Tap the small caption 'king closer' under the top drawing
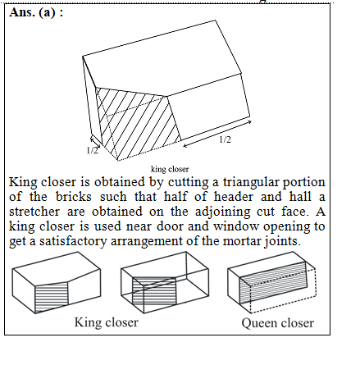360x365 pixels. click(x=170, y=169)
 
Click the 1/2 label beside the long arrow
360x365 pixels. click(x=225, y=139)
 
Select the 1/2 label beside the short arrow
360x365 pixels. click(x=92, y=150)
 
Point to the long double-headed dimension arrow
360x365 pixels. click(x=217, y=134)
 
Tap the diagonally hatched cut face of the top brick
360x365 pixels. click(x=137, y=123)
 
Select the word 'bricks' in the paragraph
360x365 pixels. click(x=74, y=197)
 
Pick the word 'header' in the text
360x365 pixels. click(x=234, y=197)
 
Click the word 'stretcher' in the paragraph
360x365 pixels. click(x=34, y=212)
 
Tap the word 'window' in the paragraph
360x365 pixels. click(x=235, y=226)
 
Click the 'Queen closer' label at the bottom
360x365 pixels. click(x=277, y=323)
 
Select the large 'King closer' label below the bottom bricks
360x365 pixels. click(x=107, y=322)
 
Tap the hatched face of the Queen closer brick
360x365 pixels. click(x=273, y=282)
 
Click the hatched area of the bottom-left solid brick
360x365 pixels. click(x=52, y=297)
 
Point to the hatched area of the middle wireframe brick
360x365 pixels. click(x=154, y=290)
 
